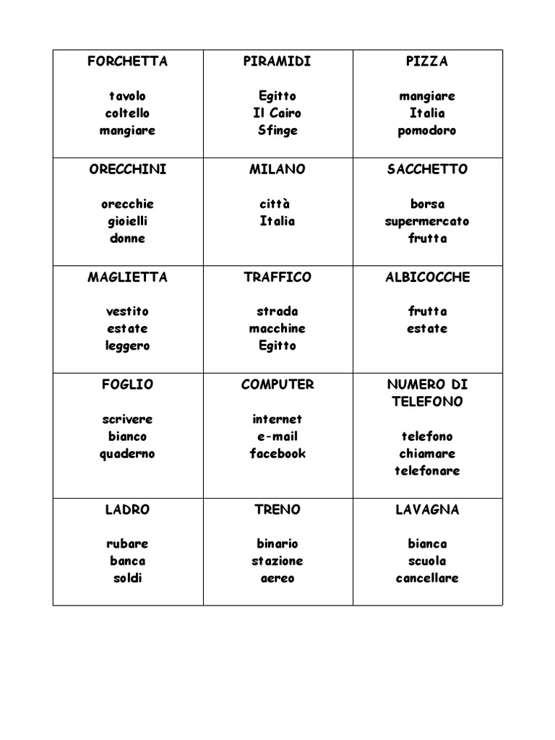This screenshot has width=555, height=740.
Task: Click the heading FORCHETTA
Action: [x=127, y=61]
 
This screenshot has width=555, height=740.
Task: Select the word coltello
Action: [x=127, y=113]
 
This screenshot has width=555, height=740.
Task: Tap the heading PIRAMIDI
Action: [x=277, y=61]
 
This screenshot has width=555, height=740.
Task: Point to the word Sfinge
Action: [x=277, y=131]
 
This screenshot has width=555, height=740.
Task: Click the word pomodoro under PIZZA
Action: [x=427, y=131]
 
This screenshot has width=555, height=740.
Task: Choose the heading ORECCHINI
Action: [x=127, y=169]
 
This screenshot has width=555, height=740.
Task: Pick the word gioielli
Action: [x=127, y=221]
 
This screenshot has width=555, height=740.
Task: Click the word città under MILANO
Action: [x=277, y=204]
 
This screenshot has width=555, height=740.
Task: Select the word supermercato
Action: [x=427, y=221]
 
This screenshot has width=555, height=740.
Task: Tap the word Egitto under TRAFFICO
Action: [x=277, y=345]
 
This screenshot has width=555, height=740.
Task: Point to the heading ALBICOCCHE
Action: [x=427, y=277]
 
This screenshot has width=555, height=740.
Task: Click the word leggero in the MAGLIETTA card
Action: [x=127, y=345]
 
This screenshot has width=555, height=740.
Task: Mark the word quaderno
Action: [x=127, y=454]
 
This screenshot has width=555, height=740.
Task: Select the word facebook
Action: [x=277, y=454]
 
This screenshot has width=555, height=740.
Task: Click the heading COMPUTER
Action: [x=277, y=384]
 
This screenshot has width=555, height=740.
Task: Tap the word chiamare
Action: [x=427, y=454]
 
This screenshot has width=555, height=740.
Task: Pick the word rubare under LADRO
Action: [x=127, y=543]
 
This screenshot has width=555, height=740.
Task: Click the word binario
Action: [x=277, y=543]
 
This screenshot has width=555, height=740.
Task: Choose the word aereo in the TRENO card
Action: [x=277, y=578]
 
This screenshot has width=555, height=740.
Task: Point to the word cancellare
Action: [x=427, y=578]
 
